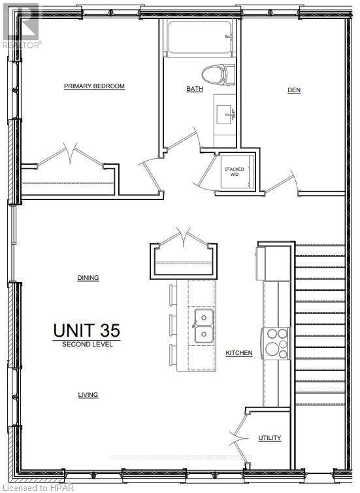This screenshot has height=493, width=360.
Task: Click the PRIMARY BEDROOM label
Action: click(94, 86)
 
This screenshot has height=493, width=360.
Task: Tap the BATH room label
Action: click(195, 89)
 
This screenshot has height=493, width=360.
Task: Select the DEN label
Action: click(294, 90)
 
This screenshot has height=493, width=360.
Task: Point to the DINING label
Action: click(88, 278)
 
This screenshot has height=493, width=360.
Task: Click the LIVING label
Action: click(88, 395)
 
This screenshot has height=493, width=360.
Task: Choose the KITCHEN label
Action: click(239, 353)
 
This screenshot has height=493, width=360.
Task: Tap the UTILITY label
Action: click(269, 438)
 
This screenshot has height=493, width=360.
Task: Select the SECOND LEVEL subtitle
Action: click(87, 344)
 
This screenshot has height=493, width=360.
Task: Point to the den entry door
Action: click(284, 182)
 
